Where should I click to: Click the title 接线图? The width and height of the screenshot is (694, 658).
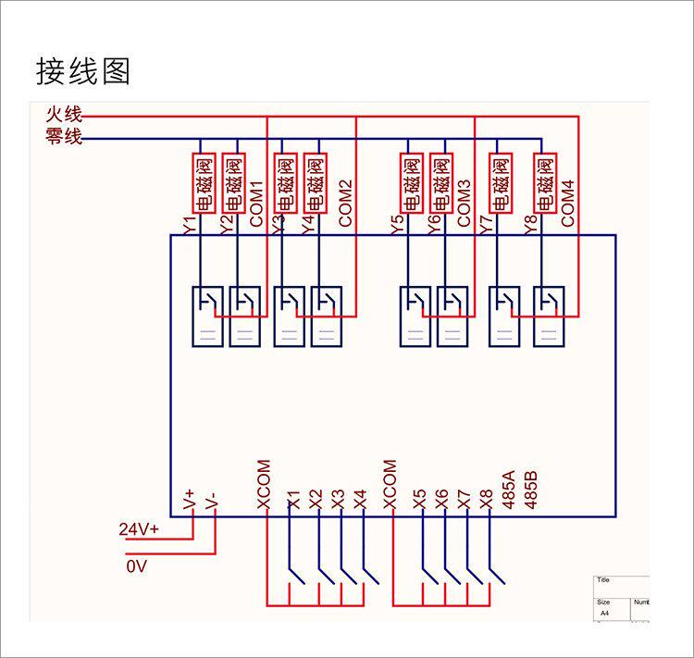[x=83, y=71]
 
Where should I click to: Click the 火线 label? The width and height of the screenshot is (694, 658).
[x=64, y=117]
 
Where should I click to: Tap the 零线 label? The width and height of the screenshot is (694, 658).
[x=64, y=138]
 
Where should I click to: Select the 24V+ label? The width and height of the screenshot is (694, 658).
[x=139, y=529]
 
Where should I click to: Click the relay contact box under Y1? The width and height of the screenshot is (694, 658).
[x=205, y=317]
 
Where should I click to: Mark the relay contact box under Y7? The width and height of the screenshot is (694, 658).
[x=503, y=317]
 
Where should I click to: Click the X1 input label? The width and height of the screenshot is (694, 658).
[x=294, y=500]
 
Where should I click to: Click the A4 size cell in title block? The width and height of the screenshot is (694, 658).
[x=605, y=614]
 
